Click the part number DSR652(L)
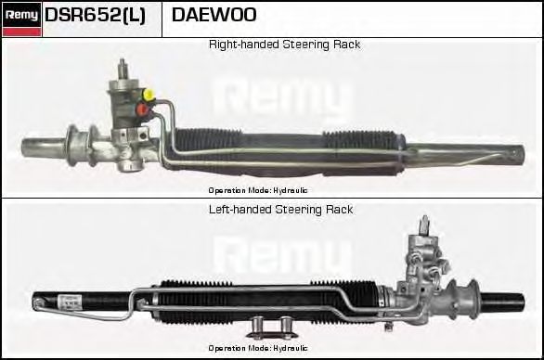(95, 16)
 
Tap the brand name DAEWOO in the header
(214, 16)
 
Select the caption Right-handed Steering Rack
(284, 45)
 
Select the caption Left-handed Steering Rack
(281, 210)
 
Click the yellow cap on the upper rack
(149, 94)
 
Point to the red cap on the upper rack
(142, 109)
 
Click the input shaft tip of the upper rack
(123, 63)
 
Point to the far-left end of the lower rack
(37, 302)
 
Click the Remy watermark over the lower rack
(283, 255)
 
